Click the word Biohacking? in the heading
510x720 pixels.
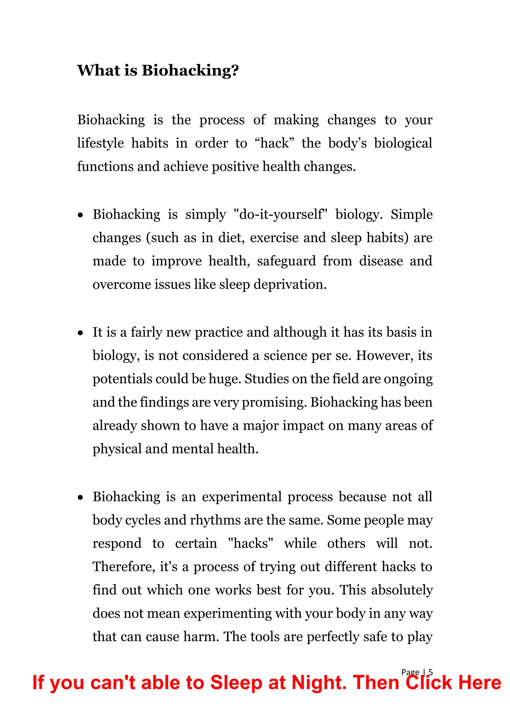click(190, 70)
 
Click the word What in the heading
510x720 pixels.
click(98, 70)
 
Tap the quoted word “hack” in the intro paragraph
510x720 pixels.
click(274, 143)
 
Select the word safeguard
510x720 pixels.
click(286, 261)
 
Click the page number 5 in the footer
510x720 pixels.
click(431, 672)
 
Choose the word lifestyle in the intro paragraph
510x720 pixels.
click(101, 143)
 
